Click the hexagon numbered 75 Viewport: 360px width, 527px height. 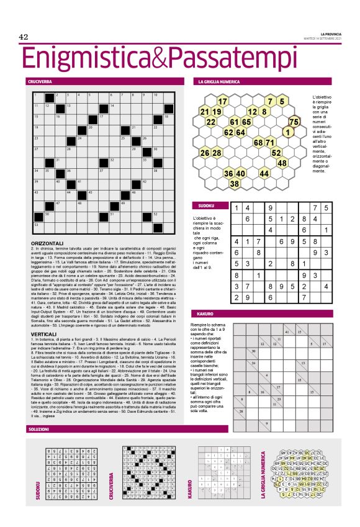click(294, 122)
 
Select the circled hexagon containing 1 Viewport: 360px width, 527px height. click(288, 132)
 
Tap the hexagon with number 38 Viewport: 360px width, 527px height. click(235, 184)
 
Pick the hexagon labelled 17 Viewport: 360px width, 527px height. click(222, 101)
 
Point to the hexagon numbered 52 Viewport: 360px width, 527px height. click(276, 153)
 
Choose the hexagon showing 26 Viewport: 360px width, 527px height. click(204, 153)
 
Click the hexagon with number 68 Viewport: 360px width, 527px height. click(258, 143)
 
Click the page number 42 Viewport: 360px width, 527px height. click(24, 37)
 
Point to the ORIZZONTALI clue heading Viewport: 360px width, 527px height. click(47, 242)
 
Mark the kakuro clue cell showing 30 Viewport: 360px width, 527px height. click(254, 351)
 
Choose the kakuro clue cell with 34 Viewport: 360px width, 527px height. click(254, 363)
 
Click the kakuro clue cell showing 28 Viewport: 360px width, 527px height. click(242, 412)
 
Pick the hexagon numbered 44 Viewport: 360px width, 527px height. click(264, 173)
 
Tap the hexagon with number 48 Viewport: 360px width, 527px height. click(282, 163)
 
